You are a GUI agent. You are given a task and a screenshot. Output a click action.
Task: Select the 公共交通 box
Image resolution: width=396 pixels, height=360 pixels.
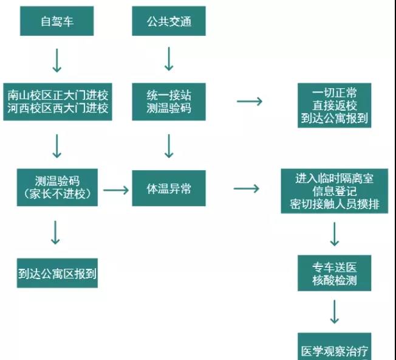[169, 22]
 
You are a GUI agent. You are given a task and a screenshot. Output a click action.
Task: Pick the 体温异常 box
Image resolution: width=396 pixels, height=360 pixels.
[169, 189]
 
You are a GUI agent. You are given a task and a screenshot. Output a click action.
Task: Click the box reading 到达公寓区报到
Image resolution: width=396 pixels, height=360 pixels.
[57, 273]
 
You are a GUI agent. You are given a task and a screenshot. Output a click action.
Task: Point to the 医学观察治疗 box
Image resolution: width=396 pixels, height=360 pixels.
[334, 350]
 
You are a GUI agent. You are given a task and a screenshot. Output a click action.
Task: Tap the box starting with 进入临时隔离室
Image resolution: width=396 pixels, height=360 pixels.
[334, 191]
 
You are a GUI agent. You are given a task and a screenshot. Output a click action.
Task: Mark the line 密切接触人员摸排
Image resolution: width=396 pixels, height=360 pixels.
[335, 204]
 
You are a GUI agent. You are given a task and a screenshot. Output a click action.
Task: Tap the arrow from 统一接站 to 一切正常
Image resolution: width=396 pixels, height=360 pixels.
[249, 101]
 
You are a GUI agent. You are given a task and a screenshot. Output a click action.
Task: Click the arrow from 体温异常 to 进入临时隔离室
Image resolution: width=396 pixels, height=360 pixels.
[247, 189]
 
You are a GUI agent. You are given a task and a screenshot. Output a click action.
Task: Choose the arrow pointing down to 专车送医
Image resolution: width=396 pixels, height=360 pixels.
[334, 234]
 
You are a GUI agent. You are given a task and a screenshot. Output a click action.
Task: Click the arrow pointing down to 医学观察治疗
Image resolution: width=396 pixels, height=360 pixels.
[334, 311]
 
